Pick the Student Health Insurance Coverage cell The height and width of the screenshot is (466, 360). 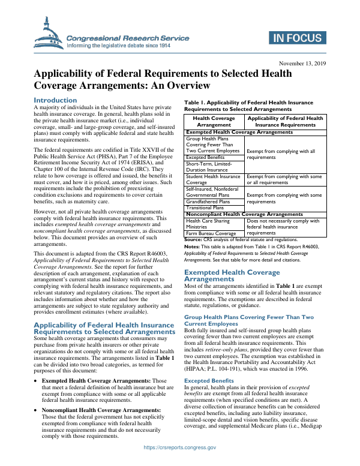(x=213, y=179)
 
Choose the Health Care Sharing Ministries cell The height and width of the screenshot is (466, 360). (x=213, y=224)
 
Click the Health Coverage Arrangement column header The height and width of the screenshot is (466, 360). (x=214, y=122)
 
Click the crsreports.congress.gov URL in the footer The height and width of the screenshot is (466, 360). (x=179, y=456)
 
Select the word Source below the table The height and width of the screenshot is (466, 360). (x=193, y=239)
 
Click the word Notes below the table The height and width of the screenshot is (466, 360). (x=192, y=246)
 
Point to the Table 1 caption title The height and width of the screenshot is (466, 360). (x=248, y=106)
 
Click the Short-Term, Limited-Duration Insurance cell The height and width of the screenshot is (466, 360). (x=213, y=167)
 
